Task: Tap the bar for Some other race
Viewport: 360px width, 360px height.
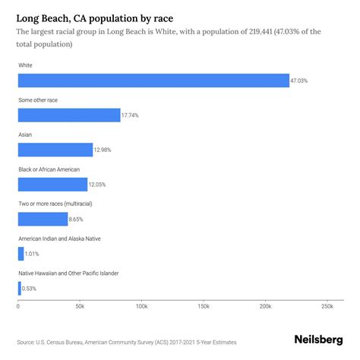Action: point(68,115)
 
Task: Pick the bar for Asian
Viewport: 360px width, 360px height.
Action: point(55,150)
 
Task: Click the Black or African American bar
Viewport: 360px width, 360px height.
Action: point(52,185)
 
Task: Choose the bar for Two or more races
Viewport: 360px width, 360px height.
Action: point(43,219)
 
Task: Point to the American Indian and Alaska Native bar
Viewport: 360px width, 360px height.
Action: point(21,254)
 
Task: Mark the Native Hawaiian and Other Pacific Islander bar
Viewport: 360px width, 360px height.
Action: point(19,288)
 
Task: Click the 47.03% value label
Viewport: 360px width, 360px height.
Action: point(301,81)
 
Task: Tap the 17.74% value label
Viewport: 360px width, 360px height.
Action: point(131,115)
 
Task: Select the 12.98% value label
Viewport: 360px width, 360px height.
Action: point(103,150)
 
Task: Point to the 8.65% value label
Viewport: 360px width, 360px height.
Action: point(77,219)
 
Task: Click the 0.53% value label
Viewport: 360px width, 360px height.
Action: point(31,288)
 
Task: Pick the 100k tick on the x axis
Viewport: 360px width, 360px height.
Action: point(141,307)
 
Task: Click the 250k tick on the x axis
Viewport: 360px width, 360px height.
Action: point(327,307)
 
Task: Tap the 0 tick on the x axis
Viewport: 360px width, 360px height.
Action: point(18,307)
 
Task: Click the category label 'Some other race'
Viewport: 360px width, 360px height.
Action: point(38,100)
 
